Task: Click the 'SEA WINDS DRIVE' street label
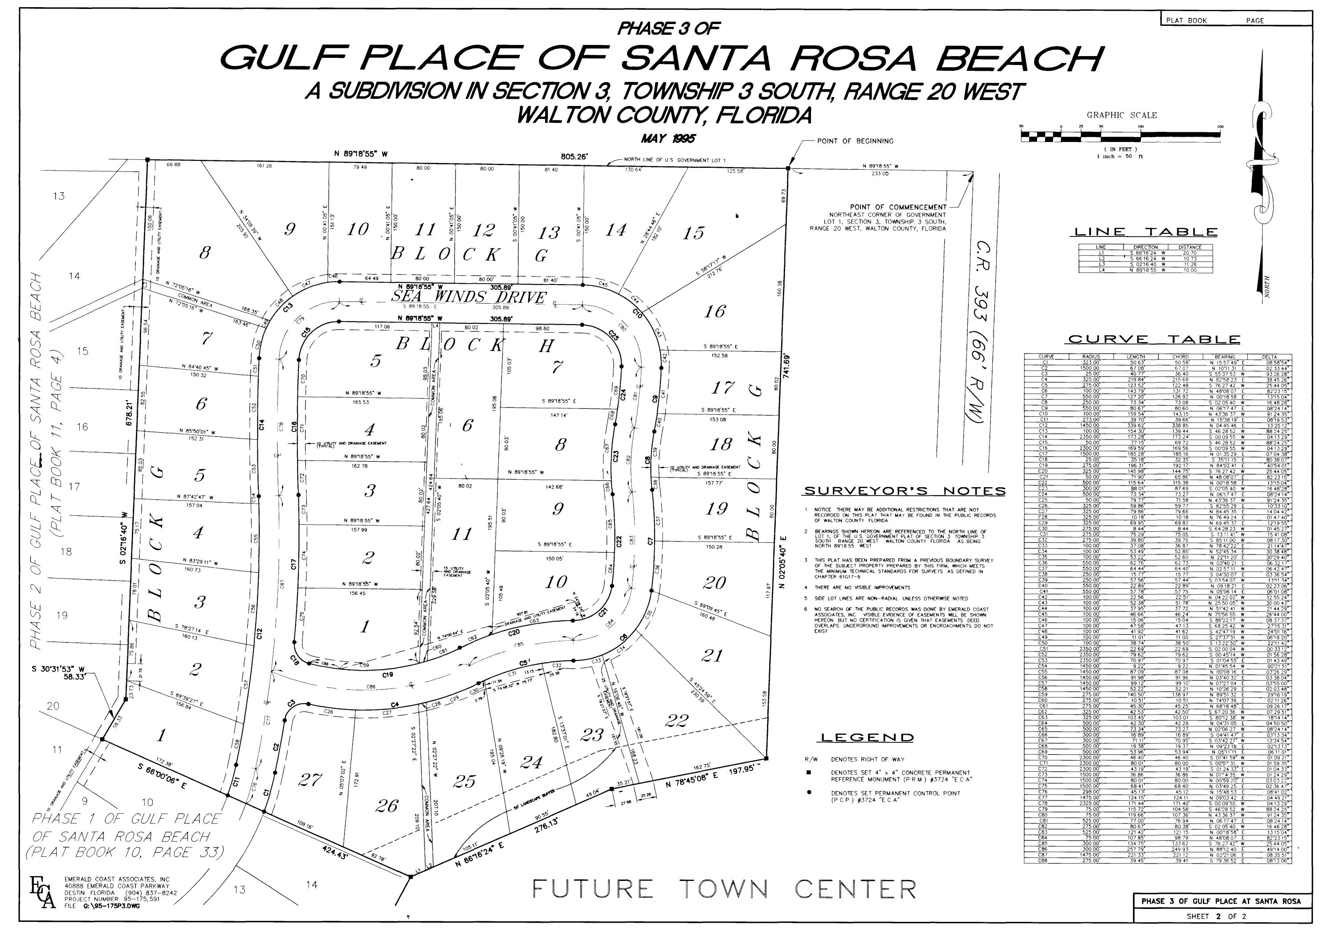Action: (469, 298)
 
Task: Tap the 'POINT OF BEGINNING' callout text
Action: (855, 141)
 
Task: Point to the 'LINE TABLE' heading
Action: (1144, 232)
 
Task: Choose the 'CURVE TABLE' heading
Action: (1154, 339)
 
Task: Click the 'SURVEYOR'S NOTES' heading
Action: (904, 491)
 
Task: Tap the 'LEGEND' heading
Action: (867, 738)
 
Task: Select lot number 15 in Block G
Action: (693, 233)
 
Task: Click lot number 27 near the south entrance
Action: (309, 779)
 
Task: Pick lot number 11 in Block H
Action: (462, 534)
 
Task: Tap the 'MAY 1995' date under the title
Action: (668, 139)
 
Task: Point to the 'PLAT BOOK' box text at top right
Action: (1186, 20)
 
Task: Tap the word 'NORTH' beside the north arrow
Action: (1267, 286)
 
